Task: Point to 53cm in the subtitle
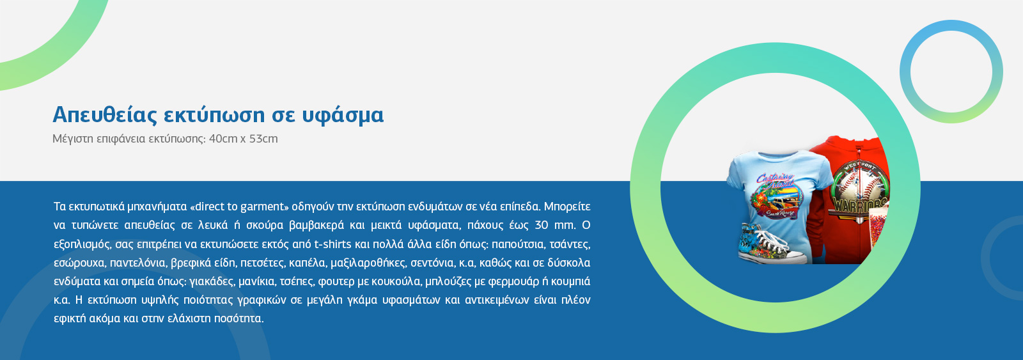263,138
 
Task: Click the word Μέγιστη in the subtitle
73,139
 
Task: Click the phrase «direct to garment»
239,207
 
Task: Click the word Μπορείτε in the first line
567,207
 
